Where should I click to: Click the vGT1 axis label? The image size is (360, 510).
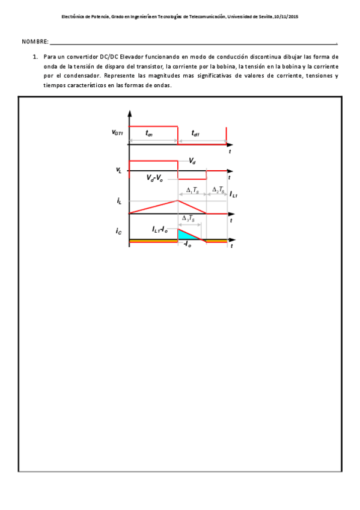[x=117, y=132]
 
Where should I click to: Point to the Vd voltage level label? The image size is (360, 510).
[x=192, y=161]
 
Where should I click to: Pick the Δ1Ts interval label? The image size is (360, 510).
[x=193, y=190]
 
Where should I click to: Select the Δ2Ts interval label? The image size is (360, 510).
[x=219, y=190]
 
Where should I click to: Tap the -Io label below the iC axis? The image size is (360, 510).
[x=187, y=245]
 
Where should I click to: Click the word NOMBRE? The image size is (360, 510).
[x=35, y=41]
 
